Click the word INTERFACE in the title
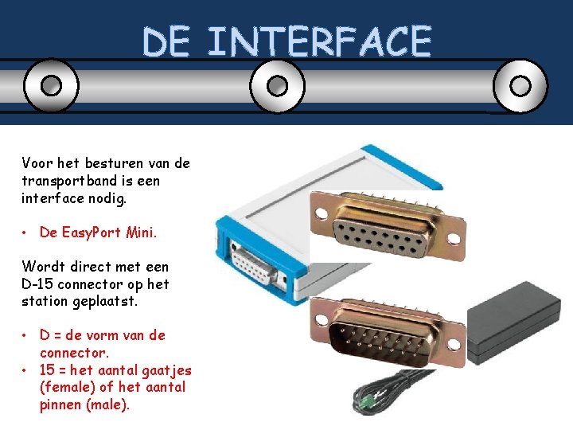pos(318,41)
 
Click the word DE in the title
pos(166,41)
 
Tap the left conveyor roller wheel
pos(51,85)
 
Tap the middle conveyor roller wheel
pos(277,85)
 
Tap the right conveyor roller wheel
pos(520,85)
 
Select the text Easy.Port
pos(90,233)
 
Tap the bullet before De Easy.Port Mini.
pos(26,233)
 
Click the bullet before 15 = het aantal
pos(26,370)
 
